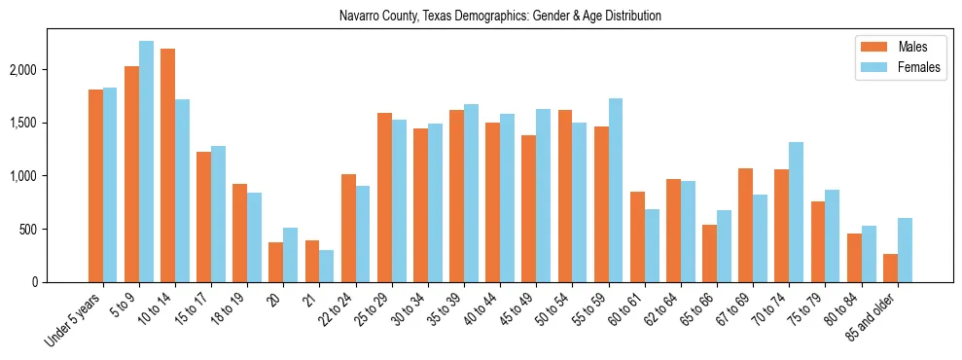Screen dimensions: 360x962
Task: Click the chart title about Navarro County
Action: click(500, 16)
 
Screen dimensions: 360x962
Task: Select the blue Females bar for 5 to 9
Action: click(146, 162)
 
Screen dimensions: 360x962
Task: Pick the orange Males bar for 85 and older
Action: click(891, 269)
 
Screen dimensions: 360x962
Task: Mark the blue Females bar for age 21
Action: click(327, 267)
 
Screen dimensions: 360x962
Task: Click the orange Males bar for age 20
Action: click(276, 263)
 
